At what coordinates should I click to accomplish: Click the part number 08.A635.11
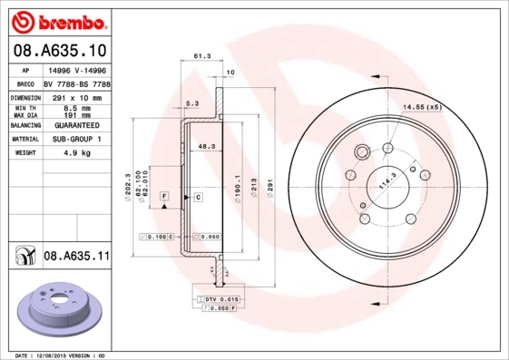pos(76,257)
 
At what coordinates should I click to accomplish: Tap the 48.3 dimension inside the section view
pos(206,145)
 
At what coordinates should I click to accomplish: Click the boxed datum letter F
pos(164,196)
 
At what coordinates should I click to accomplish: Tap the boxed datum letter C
pos(197,196)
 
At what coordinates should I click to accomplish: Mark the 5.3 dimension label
pos(191,103)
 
